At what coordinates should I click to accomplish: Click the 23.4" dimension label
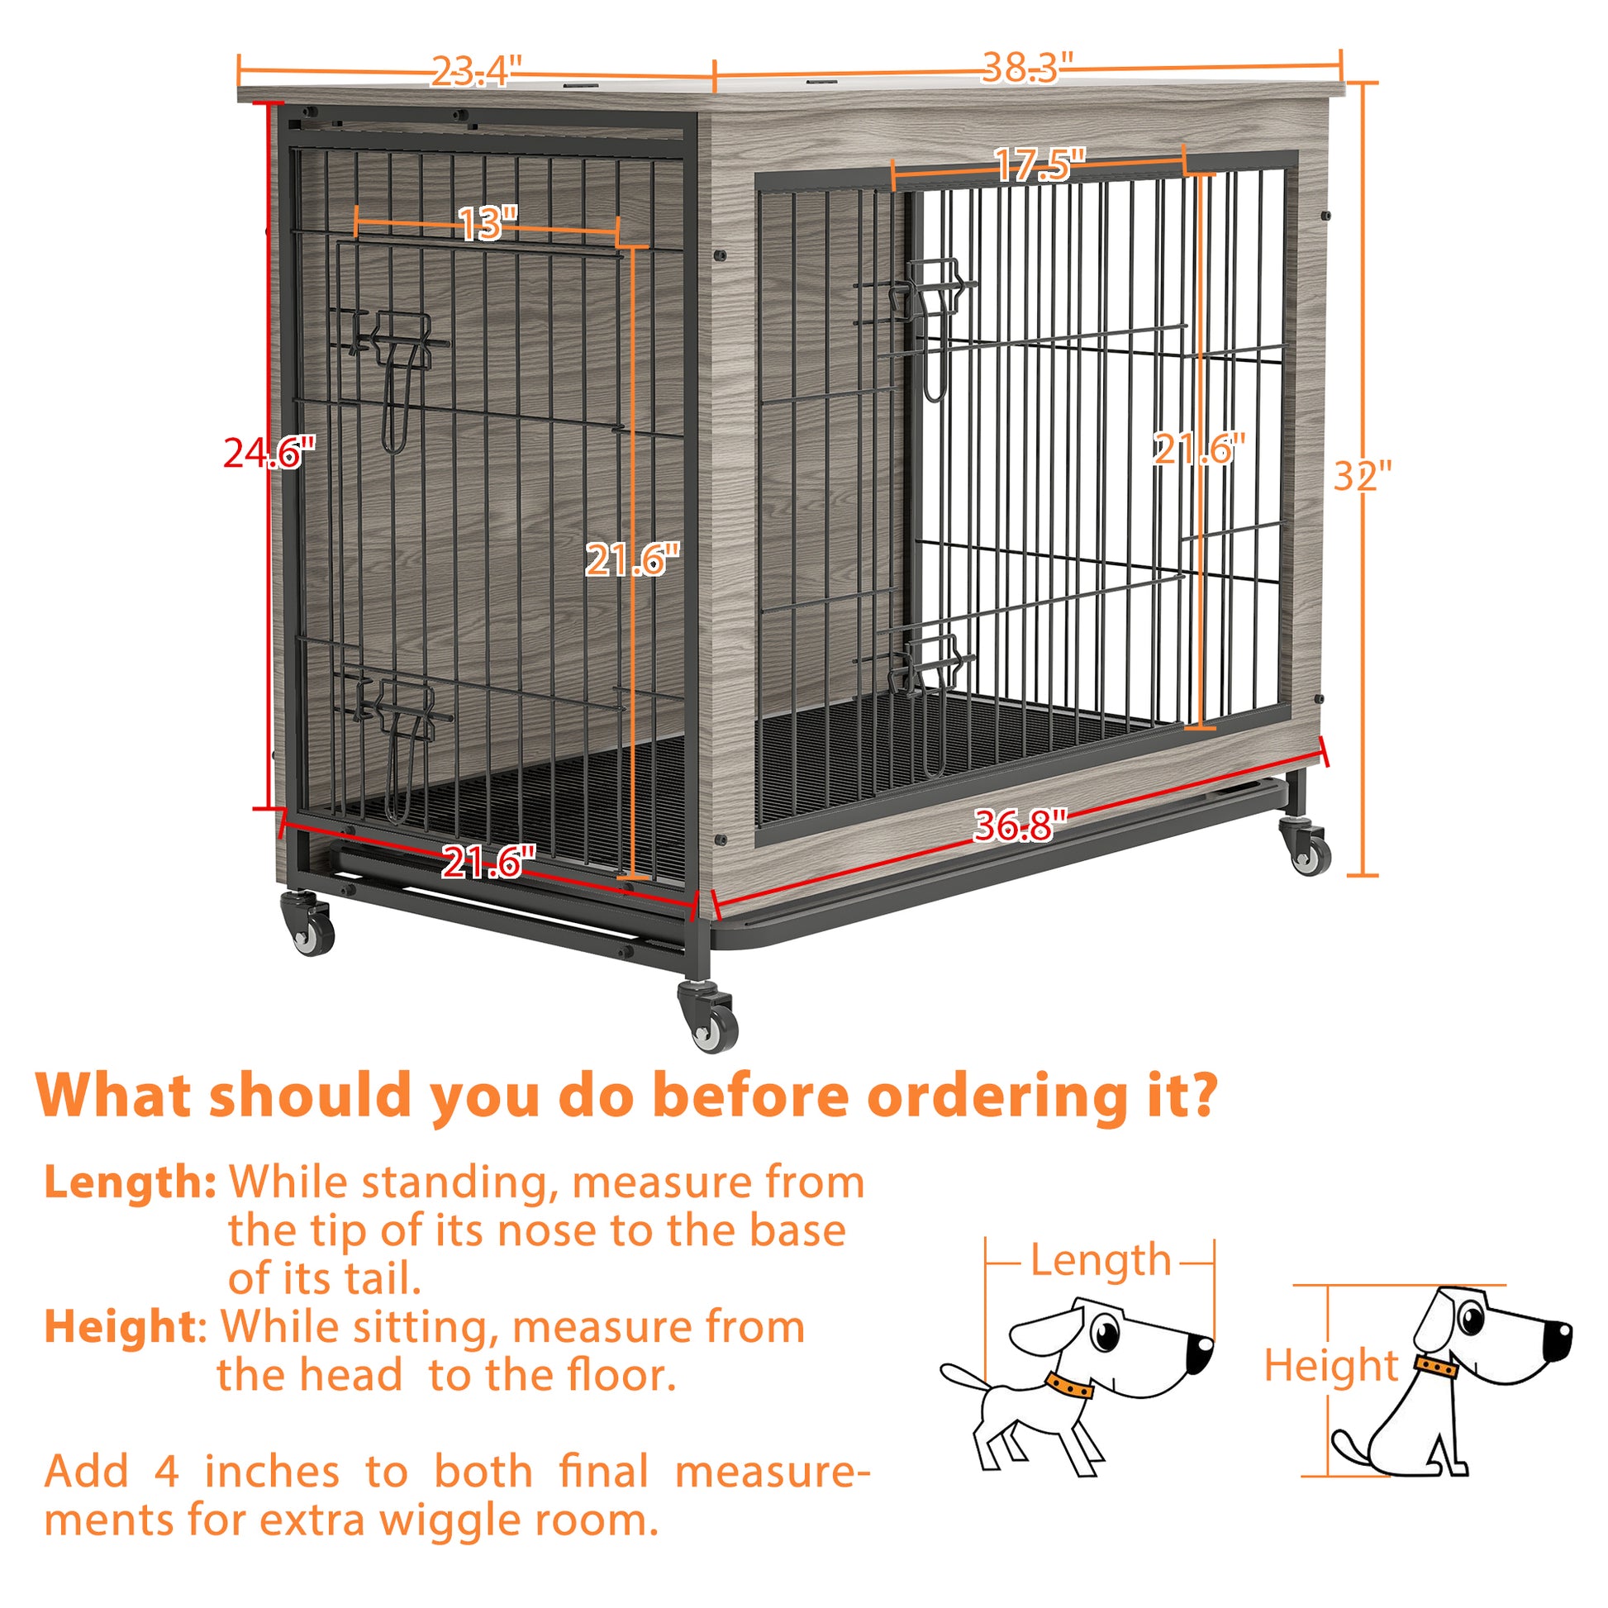(475, 71)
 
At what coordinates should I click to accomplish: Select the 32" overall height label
(1363, 475)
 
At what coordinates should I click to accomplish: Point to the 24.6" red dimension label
(269, 453)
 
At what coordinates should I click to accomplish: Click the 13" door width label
(487, 223)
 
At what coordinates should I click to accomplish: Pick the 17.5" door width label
(1039, 164)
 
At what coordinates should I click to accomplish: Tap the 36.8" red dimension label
(1020, 825)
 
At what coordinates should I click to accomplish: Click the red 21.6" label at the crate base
(487, 861)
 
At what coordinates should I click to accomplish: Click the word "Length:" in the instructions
(130, 1182)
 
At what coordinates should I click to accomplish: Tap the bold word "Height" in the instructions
(121, 1327)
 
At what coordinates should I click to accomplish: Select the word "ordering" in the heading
(1000, 1097)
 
